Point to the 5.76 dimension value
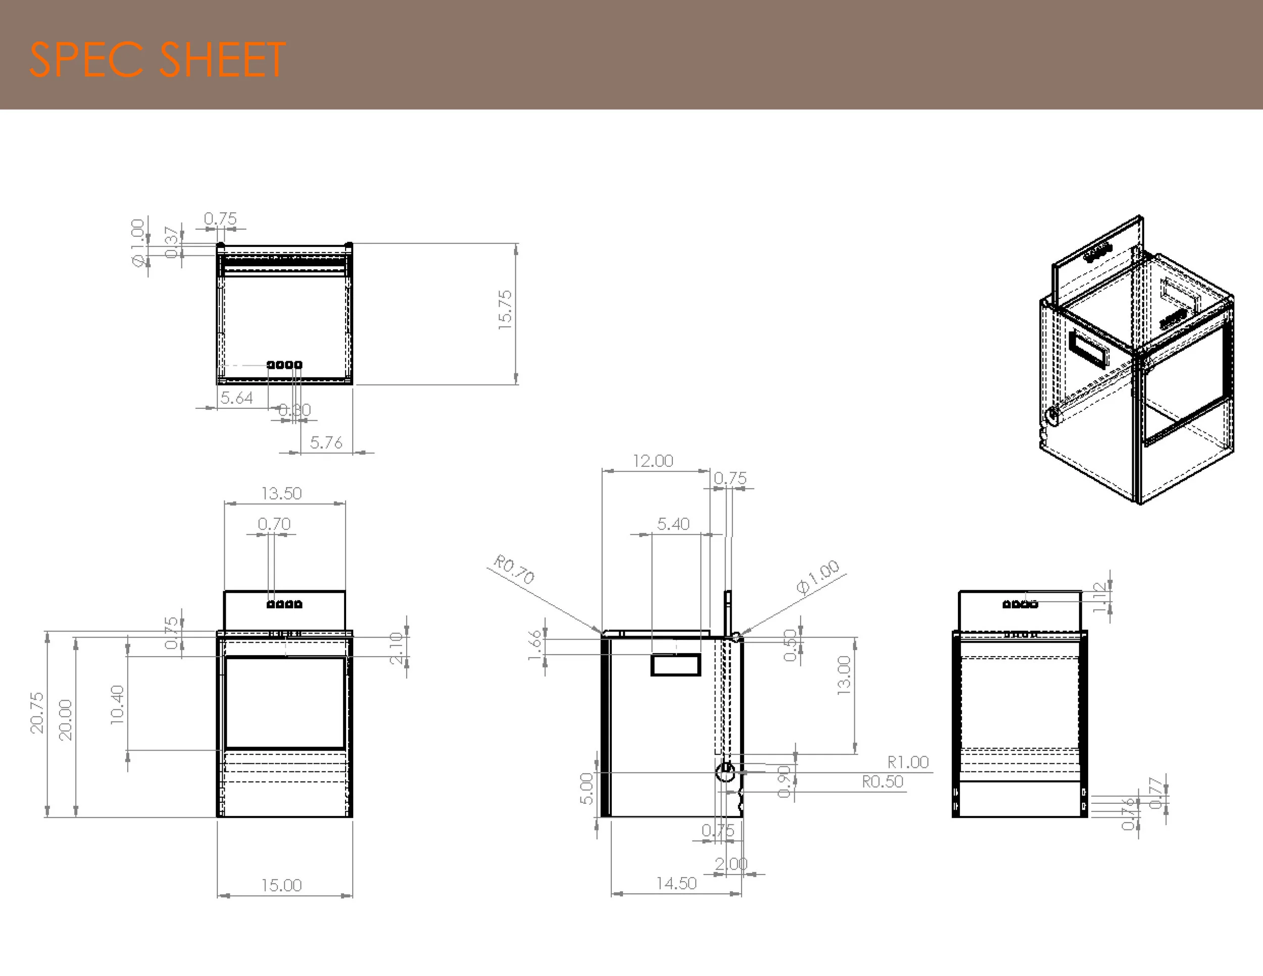click(x=326, y=443)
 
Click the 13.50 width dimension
click(x=281, y=493)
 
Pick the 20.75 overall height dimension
click(x=37, y=712)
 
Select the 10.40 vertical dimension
click(x=117, y=704)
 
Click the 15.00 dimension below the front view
click(x=281, y=885)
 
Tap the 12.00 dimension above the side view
click(x=653, y=461)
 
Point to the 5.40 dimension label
click(x=673, y=524)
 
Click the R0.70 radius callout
click(x=513, y=569)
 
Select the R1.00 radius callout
click(x=908, y=762)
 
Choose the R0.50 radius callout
click(x=883, y=782)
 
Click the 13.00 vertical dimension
click(x=844, y=675)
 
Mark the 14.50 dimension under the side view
click(x=676, y=884)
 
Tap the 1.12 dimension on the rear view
click(x=1100, y=597)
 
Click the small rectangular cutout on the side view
click(x=675, y=664)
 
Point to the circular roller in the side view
click(x=725, y=771)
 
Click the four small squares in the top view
click(x=284, y=365)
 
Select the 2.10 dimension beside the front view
click(x=396, y=648)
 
